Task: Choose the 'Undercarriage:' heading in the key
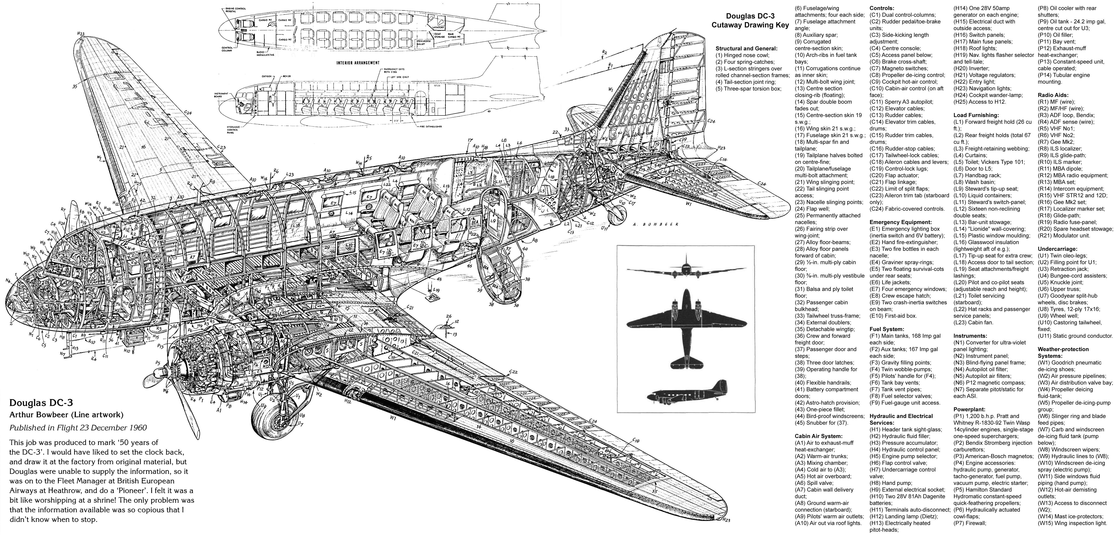coord(1057,249)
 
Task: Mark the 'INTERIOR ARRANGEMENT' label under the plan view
coord(358,63)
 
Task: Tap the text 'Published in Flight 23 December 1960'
coord(78,428)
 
